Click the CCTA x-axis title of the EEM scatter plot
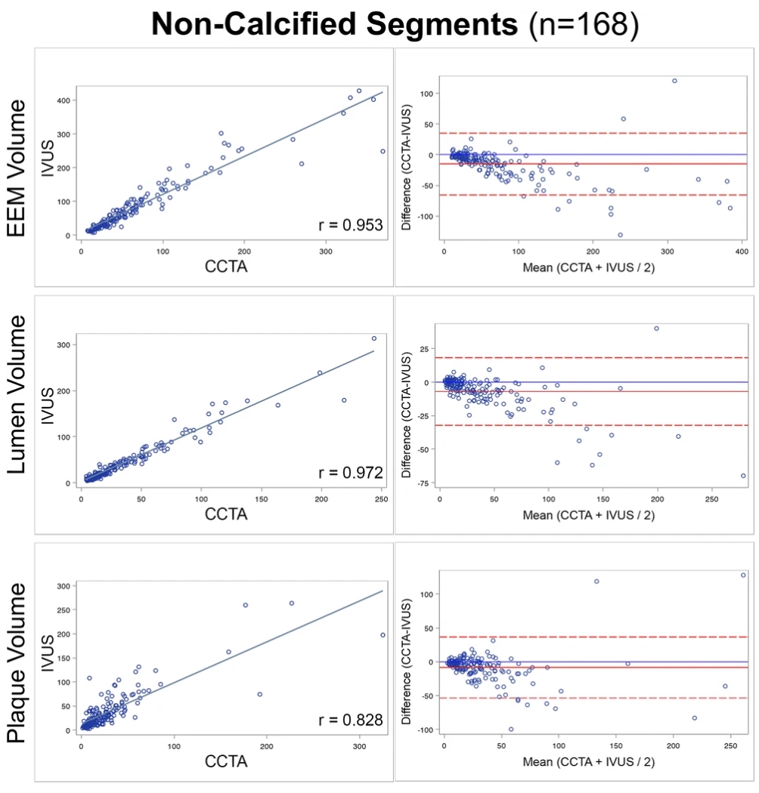click(x=232, y=267)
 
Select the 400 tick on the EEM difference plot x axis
click(x=742, y=251)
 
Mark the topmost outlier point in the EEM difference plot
click(x=674, y=81)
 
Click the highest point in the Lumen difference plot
click(x=656, y=329)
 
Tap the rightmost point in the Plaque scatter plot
click(x=383, y=635)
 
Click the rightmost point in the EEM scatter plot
click(x=383, y=151)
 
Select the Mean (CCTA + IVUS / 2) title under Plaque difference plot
click(x=589, y=762)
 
